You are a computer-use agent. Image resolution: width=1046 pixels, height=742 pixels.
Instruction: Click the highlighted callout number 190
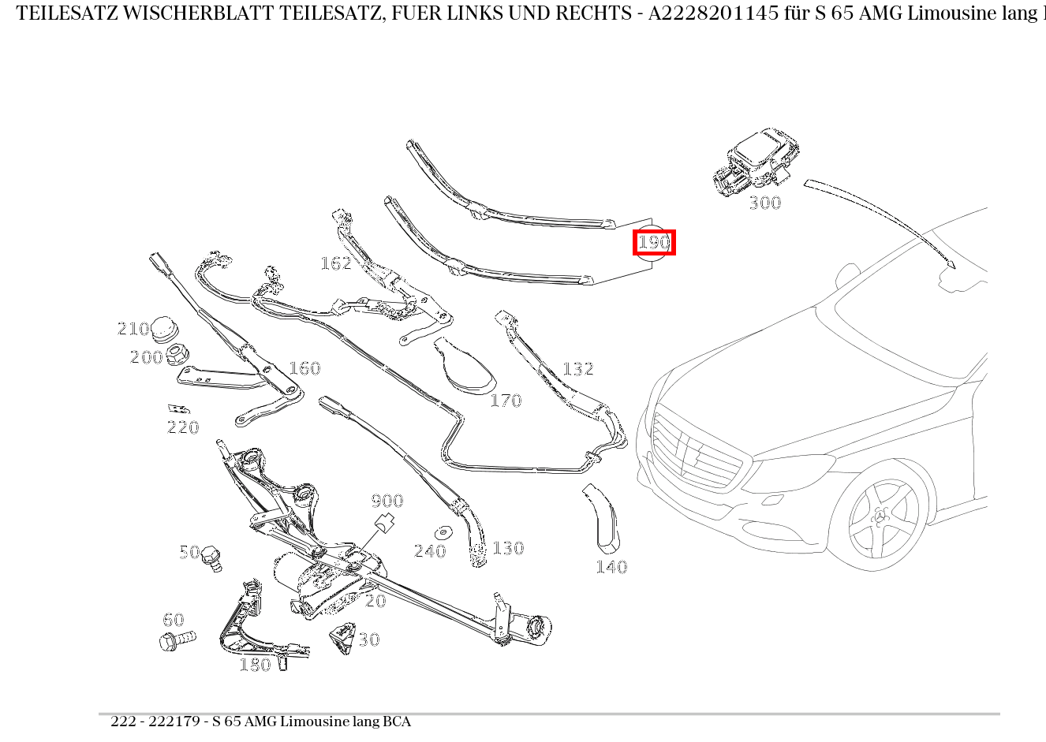(x=654, y=242)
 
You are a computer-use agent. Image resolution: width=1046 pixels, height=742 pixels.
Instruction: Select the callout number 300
(x=764, y=203)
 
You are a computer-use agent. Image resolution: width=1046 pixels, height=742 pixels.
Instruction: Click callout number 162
(x=335, y=263)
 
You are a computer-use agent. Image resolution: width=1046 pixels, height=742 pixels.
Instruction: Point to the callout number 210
(x=133, y=329)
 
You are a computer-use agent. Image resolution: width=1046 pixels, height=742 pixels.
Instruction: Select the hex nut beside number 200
(x=177, y=356)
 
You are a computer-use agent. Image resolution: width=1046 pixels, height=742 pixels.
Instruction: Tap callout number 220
(x=183, y=427)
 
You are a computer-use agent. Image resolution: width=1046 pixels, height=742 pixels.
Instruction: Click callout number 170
(x=506, y=401)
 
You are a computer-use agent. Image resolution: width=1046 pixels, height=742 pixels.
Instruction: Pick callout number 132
(x=577, y=369)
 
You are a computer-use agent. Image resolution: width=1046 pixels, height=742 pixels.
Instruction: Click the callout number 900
(x=387, y=501)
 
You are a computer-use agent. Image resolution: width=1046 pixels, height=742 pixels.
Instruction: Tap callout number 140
(x=611, y=567)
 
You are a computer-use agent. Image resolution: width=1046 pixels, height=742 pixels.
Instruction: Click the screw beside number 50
(x=211, y=557)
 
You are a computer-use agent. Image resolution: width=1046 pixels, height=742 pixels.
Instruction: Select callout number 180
(x=255, y=666)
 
